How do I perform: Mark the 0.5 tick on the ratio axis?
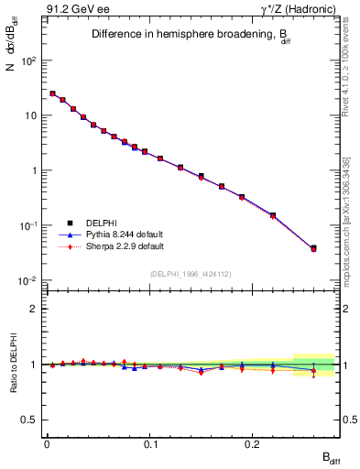tap(33, 420)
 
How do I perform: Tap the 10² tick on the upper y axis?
tap(30, 60)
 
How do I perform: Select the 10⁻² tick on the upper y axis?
tap(30, 280)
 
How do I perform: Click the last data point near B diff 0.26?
tap(313, 248)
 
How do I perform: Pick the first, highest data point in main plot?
tap(52, 93)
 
